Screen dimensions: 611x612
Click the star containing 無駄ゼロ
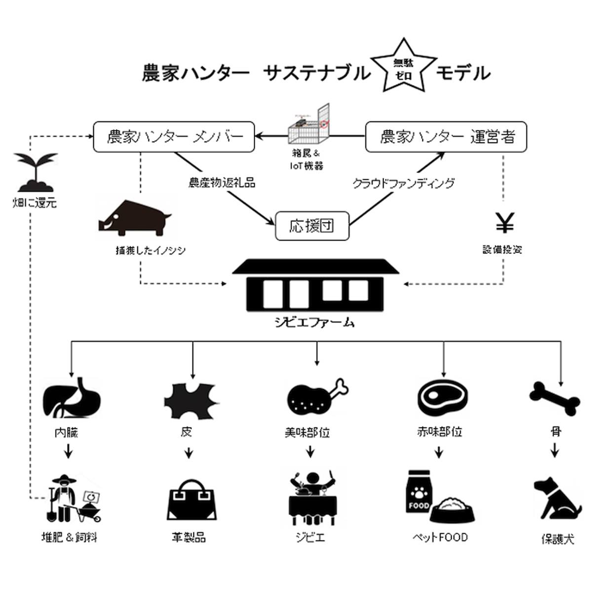(x=403, y=68)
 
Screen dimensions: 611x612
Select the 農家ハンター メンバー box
(x=174, y=137)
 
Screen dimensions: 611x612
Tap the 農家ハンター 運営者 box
(x=446, y=137)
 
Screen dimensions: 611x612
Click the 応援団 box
(x=312, y=226)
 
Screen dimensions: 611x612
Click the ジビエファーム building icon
(x=315, y=286)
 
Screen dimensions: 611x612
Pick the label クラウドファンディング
(x=403, y=184)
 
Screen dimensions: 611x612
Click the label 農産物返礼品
(x=222, y=183)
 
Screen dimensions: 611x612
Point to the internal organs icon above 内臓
(x=73, y=398)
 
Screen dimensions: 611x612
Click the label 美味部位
(x=307, y=433)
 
